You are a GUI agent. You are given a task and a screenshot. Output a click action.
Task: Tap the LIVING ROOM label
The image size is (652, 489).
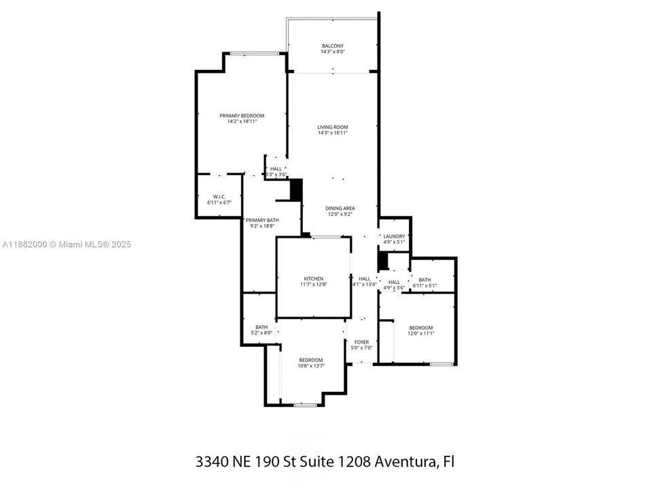tap(333, 127)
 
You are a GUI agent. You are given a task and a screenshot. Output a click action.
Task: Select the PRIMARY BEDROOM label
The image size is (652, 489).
tap(242, 115)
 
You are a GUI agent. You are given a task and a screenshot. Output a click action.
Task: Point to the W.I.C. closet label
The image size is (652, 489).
tap(219, 197)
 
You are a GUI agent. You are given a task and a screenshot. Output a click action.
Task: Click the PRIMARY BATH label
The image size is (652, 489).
tap(262, 220)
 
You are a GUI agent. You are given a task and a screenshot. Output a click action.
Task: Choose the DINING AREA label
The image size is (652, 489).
tap(340, 209)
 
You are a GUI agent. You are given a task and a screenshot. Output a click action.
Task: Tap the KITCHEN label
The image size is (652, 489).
tap(313, 278)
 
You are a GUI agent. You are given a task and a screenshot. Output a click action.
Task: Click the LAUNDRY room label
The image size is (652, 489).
tap(394, 236)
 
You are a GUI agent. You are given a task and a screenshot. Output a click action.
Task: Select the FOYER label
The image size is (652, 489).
tap(361, 342)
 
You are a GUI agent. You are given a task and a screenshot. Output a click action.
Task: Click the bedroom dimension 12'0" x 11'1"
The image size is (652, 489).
tap(420, 333)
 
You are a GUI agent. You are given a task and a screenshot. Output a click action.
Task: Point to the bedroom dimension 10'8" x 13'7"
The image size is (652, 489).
tap(311, 366)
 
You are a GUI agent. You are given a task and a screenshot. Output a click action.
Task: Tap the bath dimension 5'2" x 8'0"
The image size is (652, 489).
tap(261, 333)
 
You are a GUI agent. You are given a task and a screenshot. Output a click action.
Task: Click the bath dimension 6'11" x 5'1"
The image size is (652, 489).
tap(424, 286)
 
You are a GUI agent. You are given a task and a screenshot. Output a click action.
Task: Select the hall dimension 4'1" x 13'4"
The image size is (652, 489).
tap(365, 285)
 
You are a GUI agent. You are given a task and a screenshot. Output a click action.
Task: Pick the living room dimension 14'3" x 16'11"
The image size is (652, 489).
tap(333, 133)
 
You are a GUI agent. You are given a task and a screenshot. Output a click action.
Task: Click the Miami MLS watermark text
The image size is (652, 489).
tap(67, 244)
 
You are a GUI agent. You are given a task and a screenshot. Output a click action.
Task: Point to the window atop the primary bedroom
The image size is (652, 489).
tap(256, 54)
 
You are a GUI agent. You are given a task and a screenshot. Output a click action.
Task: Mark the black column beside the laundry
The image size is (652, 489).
tap(383, 260)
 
